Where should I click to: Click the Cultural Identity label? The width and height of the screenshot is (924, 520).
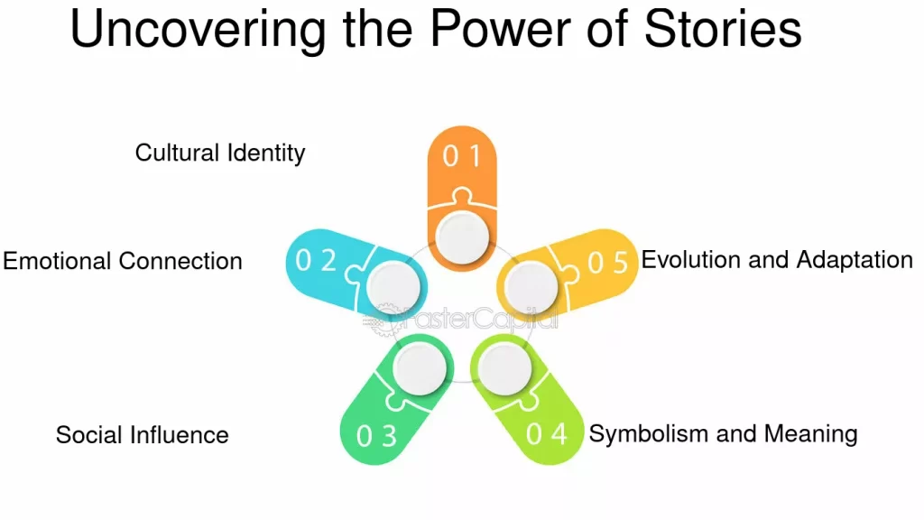click(x=220, y=153)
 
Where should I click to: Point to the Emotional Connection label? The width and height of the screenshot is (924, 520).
click(x=123, y=262)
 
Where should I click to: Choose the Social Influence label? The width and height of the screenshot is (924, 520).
click(x=143, y=435)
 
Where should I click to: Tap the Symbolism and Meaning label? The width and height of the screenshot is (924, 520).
click(x=723, y=434)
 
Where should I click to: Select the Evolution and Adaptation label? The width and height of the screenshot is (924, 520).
click(x=777, y=261)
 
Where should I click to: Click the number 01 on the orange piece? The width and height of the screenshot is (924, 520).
click(x=462, y=156)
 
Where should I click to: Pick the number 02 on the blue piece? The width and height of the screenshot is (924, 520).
click(x=317, y=261)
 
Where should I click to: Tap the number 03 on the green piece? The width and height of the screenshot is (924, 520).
click(x=376, y=437)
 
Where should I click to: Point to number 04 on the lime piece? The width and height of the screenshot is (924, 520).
click(x=546, y=434)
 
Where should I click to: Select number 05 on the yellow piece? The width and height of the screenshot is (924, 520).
click(x=607, y=262)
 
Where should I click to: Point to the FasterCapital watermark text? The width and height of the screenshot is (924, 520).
click(x=483, y=319)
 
